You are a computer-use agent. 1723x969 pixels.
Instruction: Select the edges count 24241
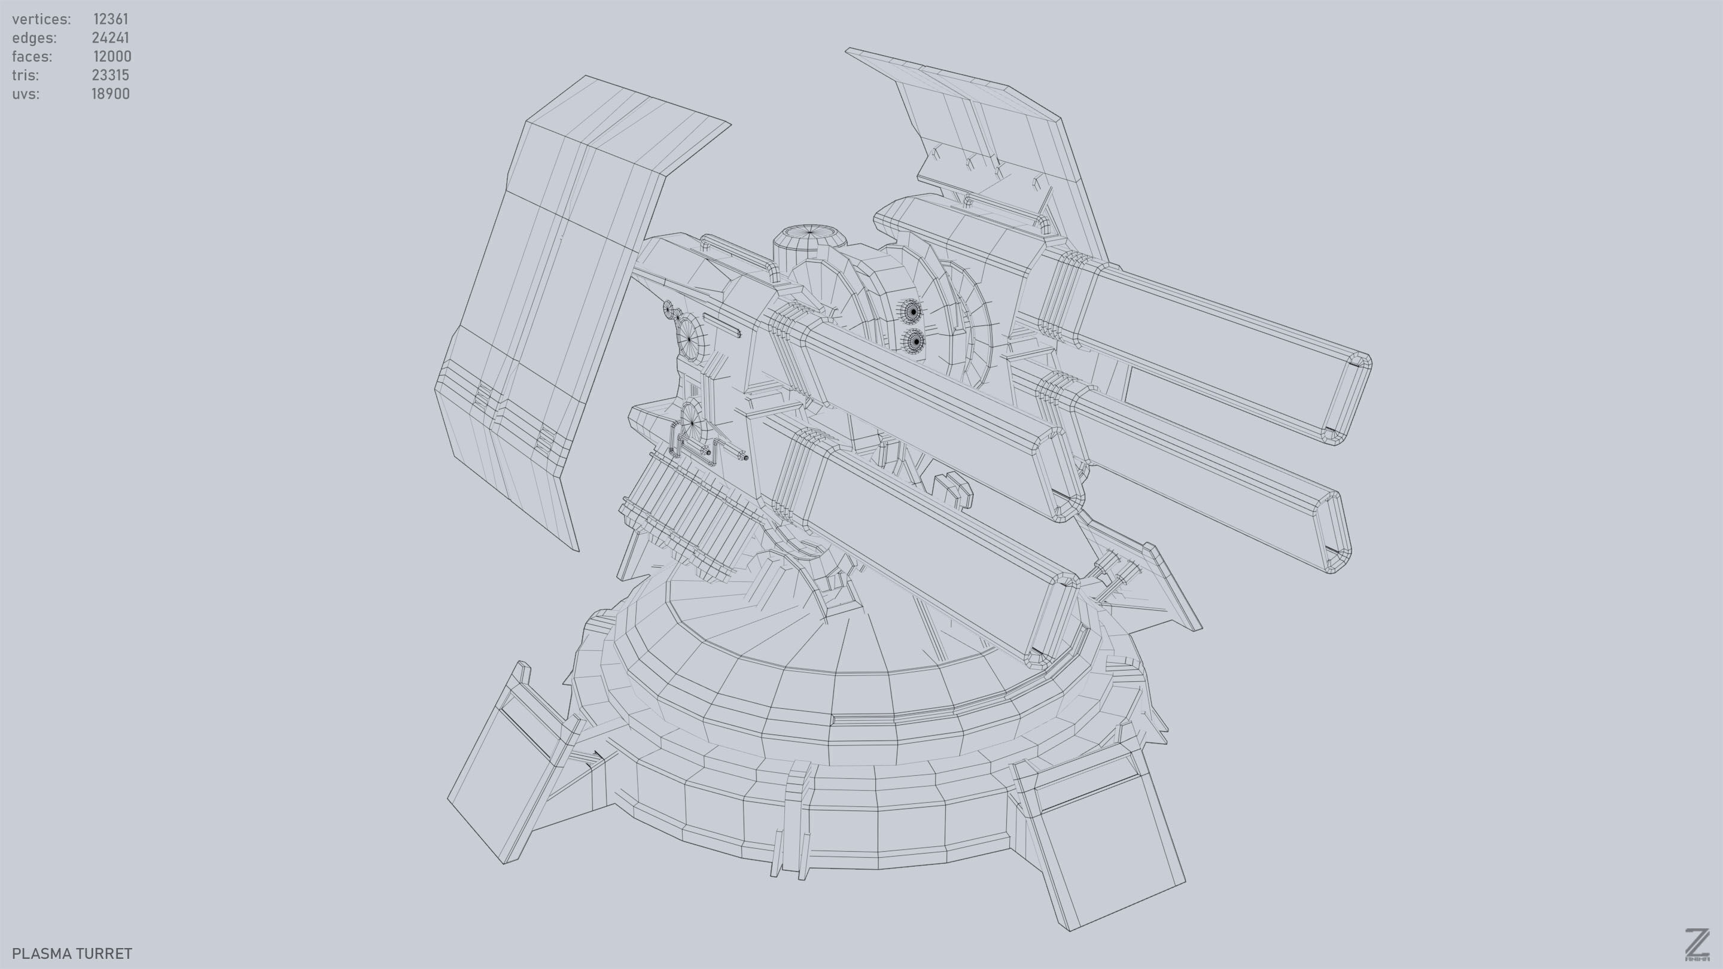[x=110, y=38]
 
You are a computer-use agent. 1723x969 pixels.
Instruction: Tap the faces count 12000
[x=112, y=56]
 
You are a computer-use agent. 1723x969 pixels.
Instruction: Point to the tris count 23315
[x=110, y=75]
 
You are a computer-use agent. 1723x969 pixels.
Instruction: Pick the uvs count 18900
[x=110, y=94]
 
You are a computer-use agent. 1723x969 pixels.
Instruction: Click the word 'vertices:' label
[x=41, y=19]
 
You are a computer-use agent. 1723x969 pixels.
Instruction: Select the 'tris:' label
[x=25, y=75]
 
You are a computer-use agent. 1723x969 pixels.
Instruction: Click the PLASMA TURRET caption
[x=72, y=953]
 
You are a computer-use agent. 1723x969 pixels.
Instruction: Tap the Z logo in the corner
[x=1696, y=944]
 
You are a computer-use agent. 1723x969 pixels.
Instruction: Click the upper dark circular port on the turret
[x=913, y=310]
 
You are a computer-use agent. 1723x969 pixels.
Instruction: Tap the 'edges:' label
[x=34, y=38]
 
